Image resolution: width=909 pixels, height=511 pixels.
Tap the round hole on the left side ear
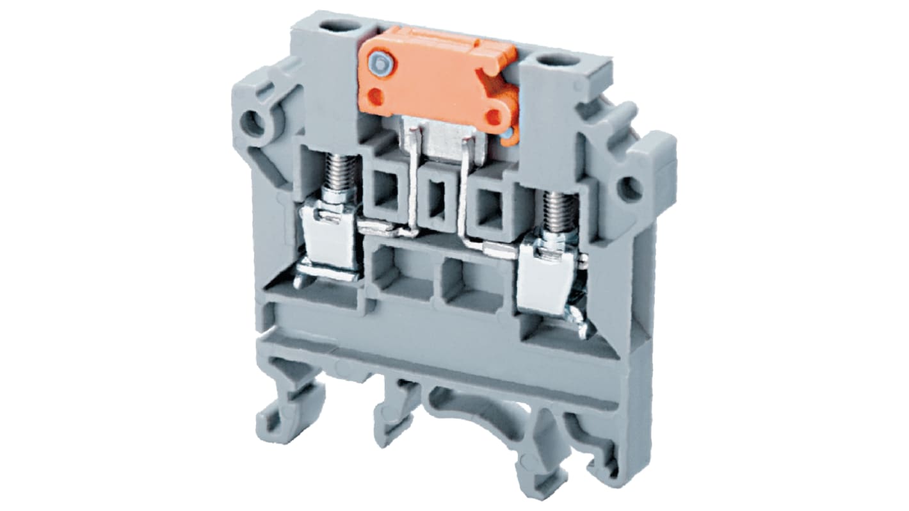(x=254, y=121)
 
